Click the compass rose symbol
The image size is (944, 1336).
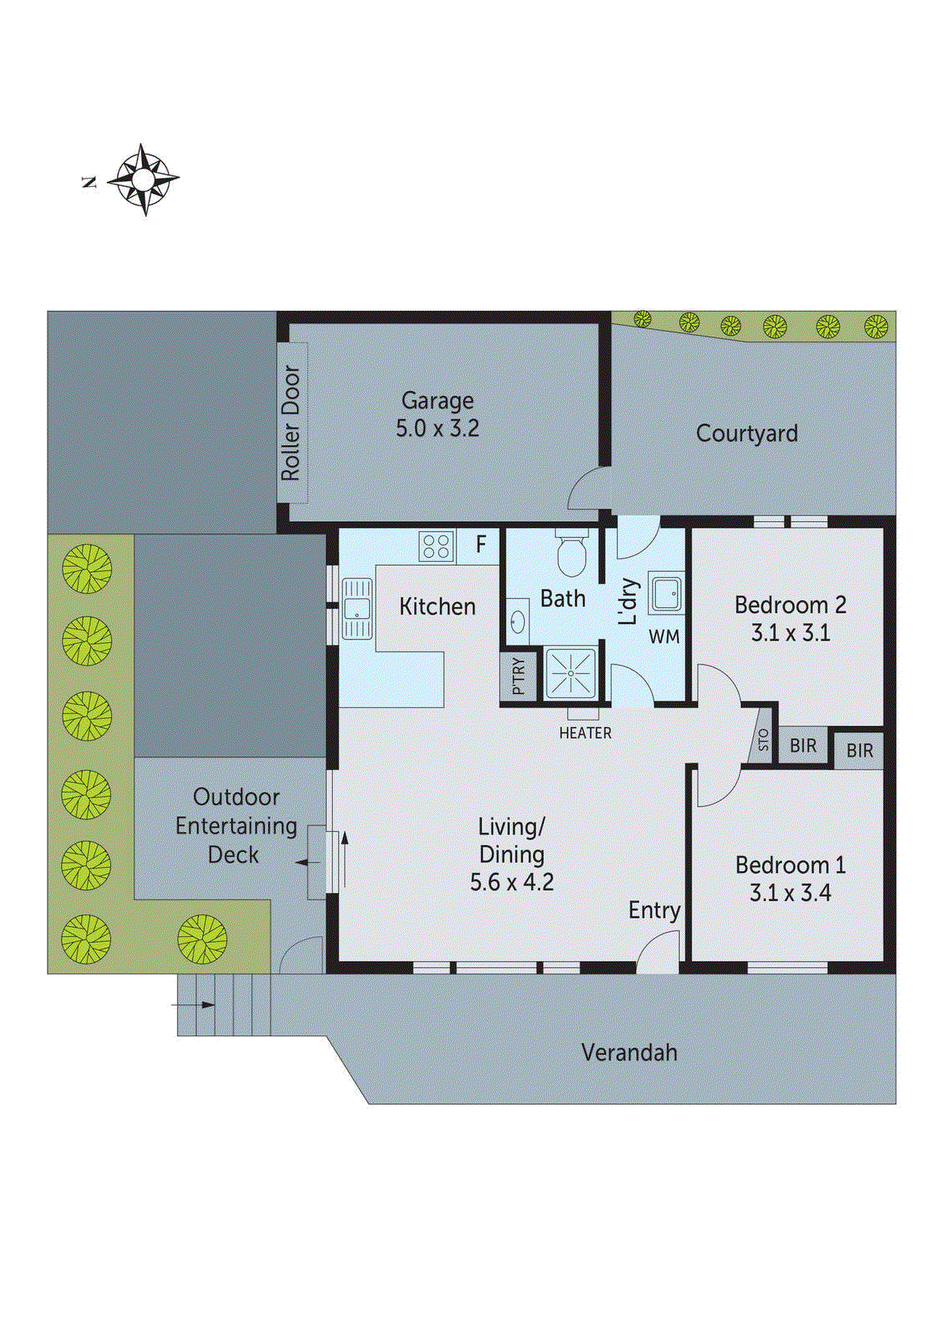[x=144, y=180]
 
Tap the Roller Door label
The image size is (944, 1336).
[x=290, y=423]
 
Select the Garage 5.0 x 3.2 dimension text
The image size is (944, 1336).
[x=437, y=428]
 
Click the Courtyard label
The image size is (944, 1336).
[x=746, y=433]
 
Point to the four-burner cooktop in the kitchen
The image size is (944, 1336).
[x=436, y=546]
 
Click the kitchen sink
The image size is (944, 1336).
[x=356, y=608]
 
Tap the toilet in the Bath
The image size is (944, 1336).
[x=572, y=554]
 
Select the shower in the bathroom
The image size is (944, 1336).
[x=571, y=673]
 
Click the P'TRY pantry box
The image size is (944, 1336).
[x=517, y=676]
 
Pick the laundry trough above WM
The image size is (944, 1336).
[x=666, y=593]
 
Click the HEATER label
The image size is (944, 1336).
[x=585, y=733]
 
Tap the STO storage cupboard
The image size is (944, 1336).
[x=763, y=740]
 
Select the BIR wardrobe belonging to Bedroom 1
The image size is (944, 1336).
[x=859, y=751]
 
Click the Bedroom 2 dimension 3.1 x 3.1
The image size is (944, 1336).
[x=790, y=633]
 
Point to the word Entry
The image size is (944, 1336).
[x=654, y=910]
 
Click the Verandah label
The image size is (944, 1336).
[x=629, y=1052]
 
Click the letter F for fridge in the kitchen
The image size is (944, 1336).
[x=481, y=545]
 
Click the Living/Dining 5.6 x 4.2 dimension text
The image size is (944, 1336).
[x=512, y=883]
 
